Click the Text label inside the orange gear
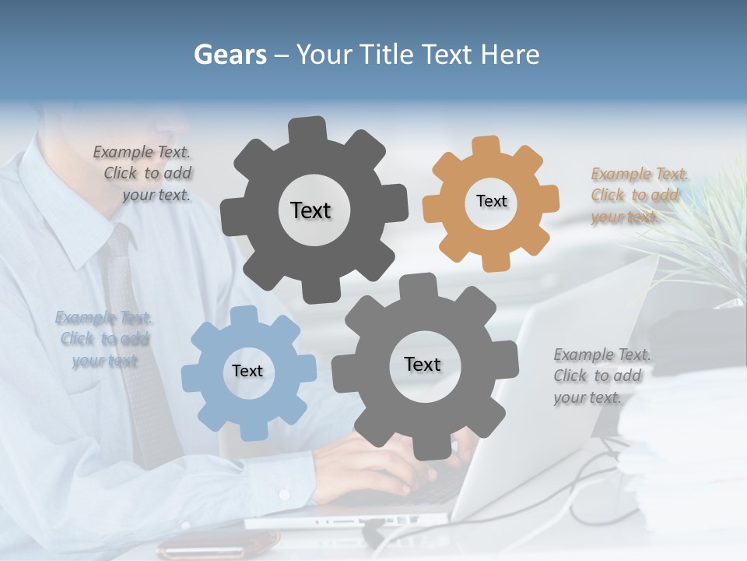pyautogui.click(x=491, y=201)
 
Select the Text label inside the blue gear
pyautogui.click(x=247, y=371)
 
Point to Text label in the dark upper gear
pyautogui.click(x=310, y=210)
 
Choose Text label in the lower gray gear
pyautogui.click(x=423, y=365)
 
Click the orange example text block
pyautogui.click(x=640, y=195)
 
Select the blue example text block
pyautogui.click(x=104, y=339)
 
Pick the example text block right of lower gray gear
pyautogui.click(x=601, y=376)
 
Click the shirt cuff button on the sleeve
pyautogui.click(x=284, y=495)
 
